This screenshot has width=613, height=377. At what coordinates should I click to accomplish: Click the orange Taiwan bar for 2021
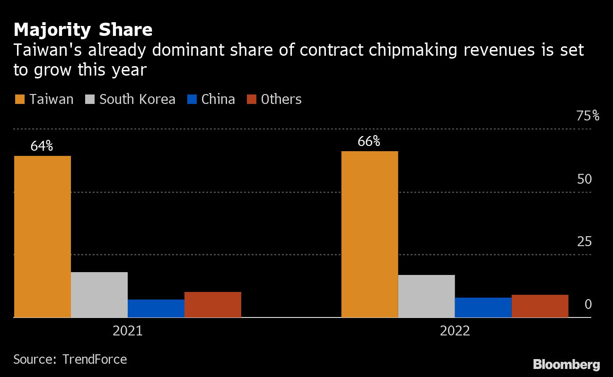click(x=43, y=236)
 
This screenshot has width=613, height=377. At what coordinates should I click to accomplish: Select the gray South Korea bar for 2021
click(x=99, y=294)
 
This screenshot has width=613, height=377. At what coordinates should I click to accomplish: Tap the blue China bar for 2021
click(x=156, y=308)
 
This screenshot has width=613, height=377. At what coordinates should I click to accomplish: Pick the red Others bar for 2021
click(x=213, y=304)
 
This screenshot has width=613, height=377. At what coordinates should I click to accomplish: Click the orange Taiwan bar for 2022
click(x=370, y=234)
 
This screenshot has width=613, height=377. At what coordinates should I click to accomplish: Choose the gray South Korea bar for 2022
click(x=427, y=296)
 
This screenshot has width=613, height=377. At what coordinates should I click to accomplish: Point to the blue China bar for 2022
click(x=483, y=307)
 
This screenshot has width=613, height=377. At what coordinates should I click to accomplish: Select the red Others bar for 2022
click(x=540, y=306)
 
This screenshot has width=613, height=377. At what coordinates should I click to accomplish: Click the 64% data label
click(x=42, y=146)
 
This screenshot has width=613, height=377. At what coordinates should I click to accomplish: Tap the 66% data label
click(x=369, y=141)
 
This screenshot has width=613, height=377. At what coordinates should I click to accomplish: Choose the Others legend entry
click(x=274, y=99)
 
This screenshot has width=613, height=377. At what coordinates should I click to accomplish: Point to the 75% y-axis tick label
click(x=588, y=116)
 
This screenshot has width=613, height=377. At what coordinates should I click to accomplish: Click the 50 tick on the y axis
click(x=585, y=180)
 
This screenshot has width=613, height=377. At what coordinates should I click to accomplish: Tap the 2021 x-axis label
click(x=128, y=331)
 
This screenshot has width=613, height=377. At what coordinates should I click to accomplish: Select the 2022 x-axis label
click(x=455, y=331)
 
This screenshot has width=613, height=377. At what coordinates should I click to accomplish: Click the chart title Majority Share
click(x=83, y=30)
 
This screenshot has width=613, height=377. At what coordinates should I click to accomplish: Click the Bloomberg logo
click(x=566, y=364)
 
